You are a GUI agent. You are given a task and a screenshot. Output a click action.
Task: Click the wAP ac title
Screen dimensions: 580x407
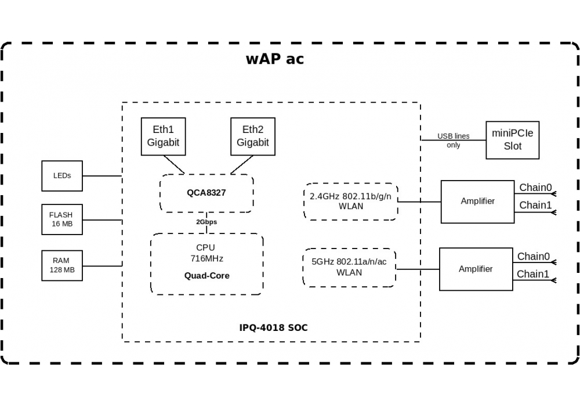(x=275, y=59)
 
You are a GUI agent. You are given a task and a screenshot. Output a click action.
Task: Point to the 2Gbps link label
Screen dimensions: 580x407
(x=206, y=222)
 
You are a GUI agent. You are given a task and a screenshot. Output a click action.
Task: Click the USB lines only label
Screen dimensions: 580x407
(x=454, y=141)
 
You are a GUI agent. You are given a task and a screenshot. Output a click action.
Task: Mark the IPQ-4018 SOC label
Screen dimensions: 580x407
(x=273, y=327)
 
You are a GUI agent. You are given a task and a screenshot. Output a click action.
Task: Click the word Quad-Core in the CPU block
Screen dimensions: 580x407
(x=207, y=276)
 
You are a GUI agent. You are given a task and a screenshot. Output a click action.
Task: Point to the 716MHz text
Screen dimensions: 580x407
(x=207, y=258)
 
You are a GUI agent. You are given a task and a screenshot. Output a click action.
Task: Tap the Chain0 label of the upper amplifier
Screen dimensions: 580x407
(x=535, y=188)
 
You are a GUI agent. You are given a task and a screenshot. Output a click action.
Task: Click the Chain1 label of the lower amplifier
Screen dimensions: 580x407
(x=532, y=273)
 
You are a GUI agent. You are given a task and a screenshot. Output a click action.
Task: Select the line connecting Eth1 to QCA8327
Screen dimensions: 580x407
(x=174, y=164)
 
